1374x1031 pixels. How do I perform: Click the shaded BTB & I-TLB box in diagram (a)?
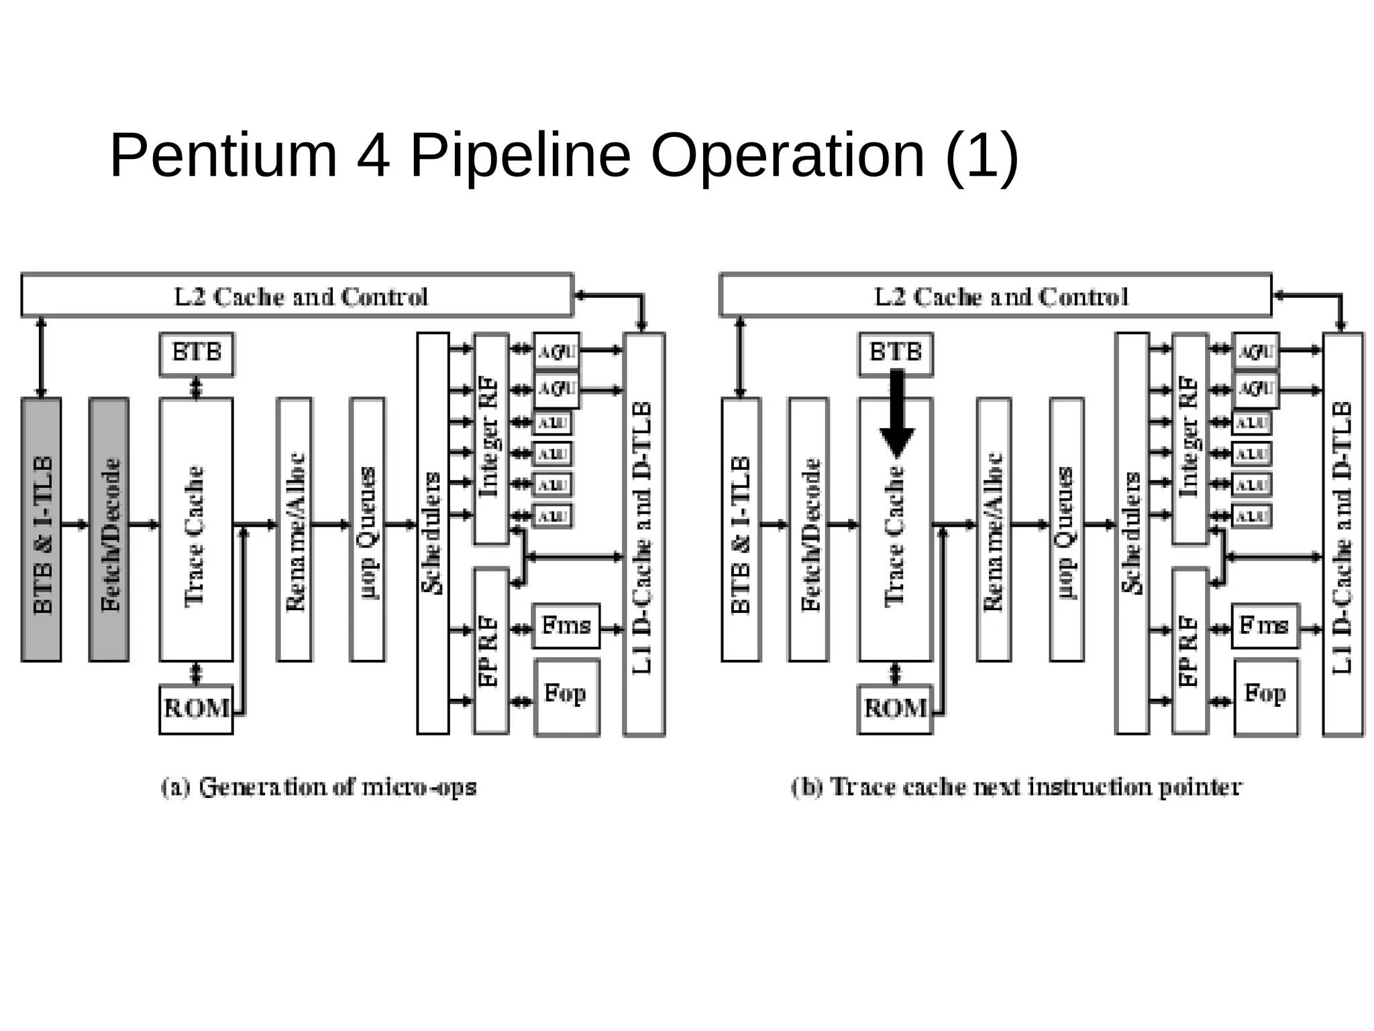pyautogui.click(x=42, y=530)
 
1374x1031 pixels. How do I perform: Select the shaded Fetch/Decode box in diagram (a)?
pyautogui.click(x=109, y=530)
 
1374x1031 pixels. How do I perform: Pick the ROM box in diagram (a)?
pyautogui.click(x=196, y=709)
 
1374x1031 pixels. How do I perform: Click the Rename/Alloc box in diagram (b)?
pyautogui.click(x=994, y=530)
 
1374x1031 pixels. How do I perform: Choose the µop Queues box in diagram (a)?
pyautogui.click(x=367, y=530)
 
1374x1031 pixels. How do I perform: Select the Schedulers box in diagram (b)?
pyautogui.click(x=1132, y=533)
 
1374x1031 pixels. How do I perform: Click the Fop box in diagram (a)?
pyautogui.click(x=567, y=697)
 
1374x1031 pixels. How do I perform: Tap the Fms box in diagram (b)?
pyautogui.click(x=1265, y=626)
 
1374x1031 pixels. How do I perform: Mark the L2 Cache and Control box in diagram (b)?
pyautogui.click(x=996, y=295)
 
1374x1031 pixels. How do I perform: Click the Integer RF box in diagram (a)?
pyautogui.click(x=491, y=438)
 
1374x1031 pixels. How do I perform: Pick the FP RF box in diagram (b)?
pyautogui.click(x=1190, y=650)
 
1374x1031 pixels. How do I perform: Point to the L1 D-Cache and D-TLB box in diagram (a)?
pyautogui.click(x=643, y=533)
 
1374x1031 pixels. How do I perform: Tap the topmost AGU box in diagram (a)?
pyautogui.click(x=556, y=350)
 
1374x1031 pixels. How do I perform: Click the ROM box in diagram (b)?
pyautogui.click(x=895, y=709)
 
